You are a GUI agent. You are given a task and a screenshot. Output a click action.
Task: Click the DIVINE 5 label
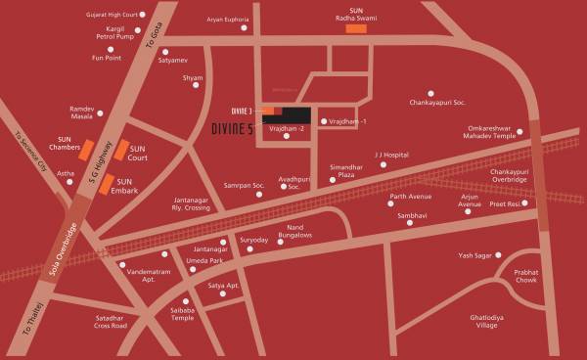coord(233,126)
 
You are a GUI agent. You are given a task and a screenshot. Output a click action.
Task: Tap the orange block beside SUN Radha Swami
coord(357,30)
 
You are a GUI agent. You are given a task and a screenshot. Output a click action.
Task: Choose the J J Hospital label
coord(389,155)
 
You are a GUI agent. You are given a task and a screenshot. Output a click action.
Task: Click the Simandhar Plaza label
coord(346,172)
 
